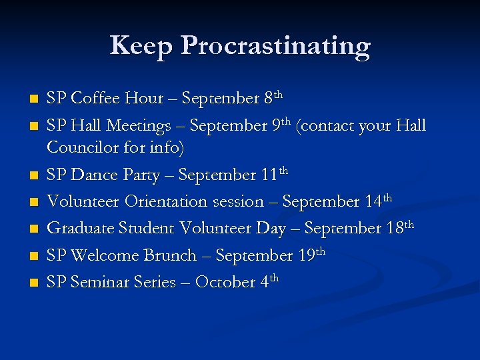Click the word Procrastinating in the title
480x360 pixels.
[x=275, y=47]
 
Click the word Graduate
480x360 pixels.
[x=81, y=228]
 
